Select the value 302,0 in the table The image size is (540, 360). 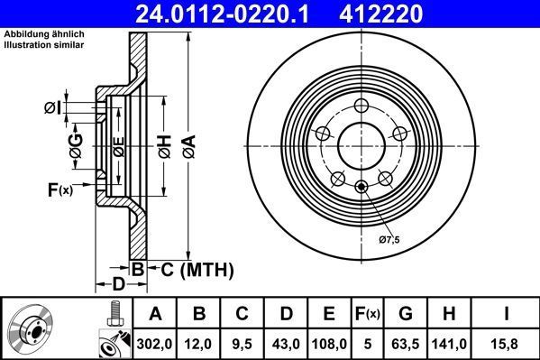[x=156, y=344]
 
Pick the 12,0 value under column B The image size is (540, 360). [x=199, y=344]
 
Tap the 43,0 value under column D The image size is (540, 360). [x=286, y=344]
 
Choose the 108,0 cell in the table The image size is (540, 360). [x=329, y=344]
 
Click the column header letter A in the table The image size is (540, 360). [x=156, y=314]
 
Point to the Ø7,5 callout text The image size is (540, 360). [x=388, y=239]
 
